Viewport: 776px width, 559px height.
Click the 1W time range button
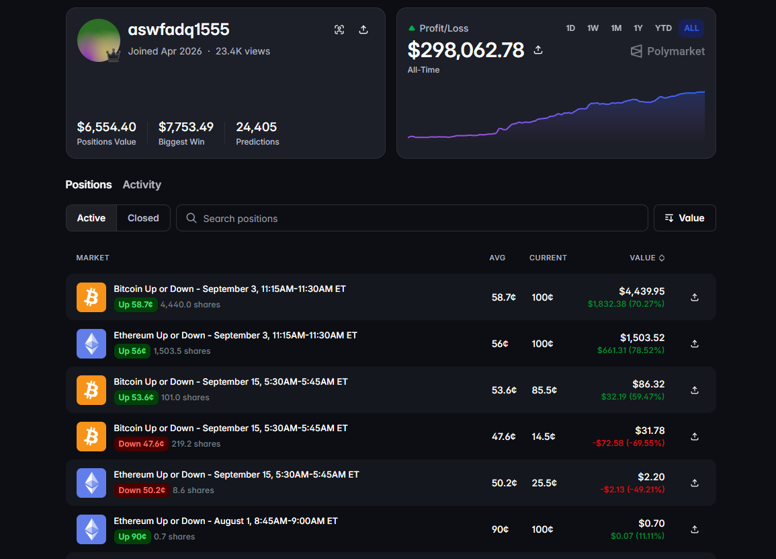click(593, 28)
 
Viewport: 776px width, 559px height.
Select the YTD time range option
click(663, 28)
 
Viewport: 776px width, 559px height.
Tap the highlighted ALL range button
click(691, 28)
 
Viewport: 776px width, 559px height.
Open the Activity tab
click(142, 185)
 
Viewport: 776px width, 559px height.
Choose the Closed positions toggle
click(143, 218)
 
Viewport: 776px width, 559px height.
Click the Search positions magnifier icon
click(191, 218)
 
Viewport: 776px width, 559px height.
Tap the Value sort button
click(685, 218)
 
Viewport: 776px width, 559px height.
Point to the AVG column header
click(497, 258)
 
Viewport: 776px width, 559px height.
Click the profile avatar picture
click(99, 40)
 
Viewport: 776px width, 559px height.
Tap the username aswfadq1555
click(179, 30)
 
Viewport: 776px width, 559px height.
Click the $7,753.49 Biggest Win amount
click(185, 127)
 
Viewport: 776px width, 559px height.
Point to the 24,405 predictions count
click(257, 127)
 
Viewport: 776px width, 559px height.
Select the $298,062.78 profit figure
click(466, 50)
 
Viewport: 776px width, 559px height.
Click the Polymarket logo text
click(675, 52)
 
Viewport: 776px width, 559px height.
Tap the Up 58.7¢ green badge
click(136, 305)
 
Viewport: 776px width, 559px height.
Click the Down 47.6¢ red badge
click(142, 444)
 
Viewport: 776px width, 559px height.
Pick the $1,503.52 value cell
click(642, 338)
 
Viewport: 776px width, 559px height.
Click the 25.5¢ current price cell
click(544, 483)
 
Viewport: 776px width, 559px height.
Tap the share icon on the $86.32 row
click(695, 390)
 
